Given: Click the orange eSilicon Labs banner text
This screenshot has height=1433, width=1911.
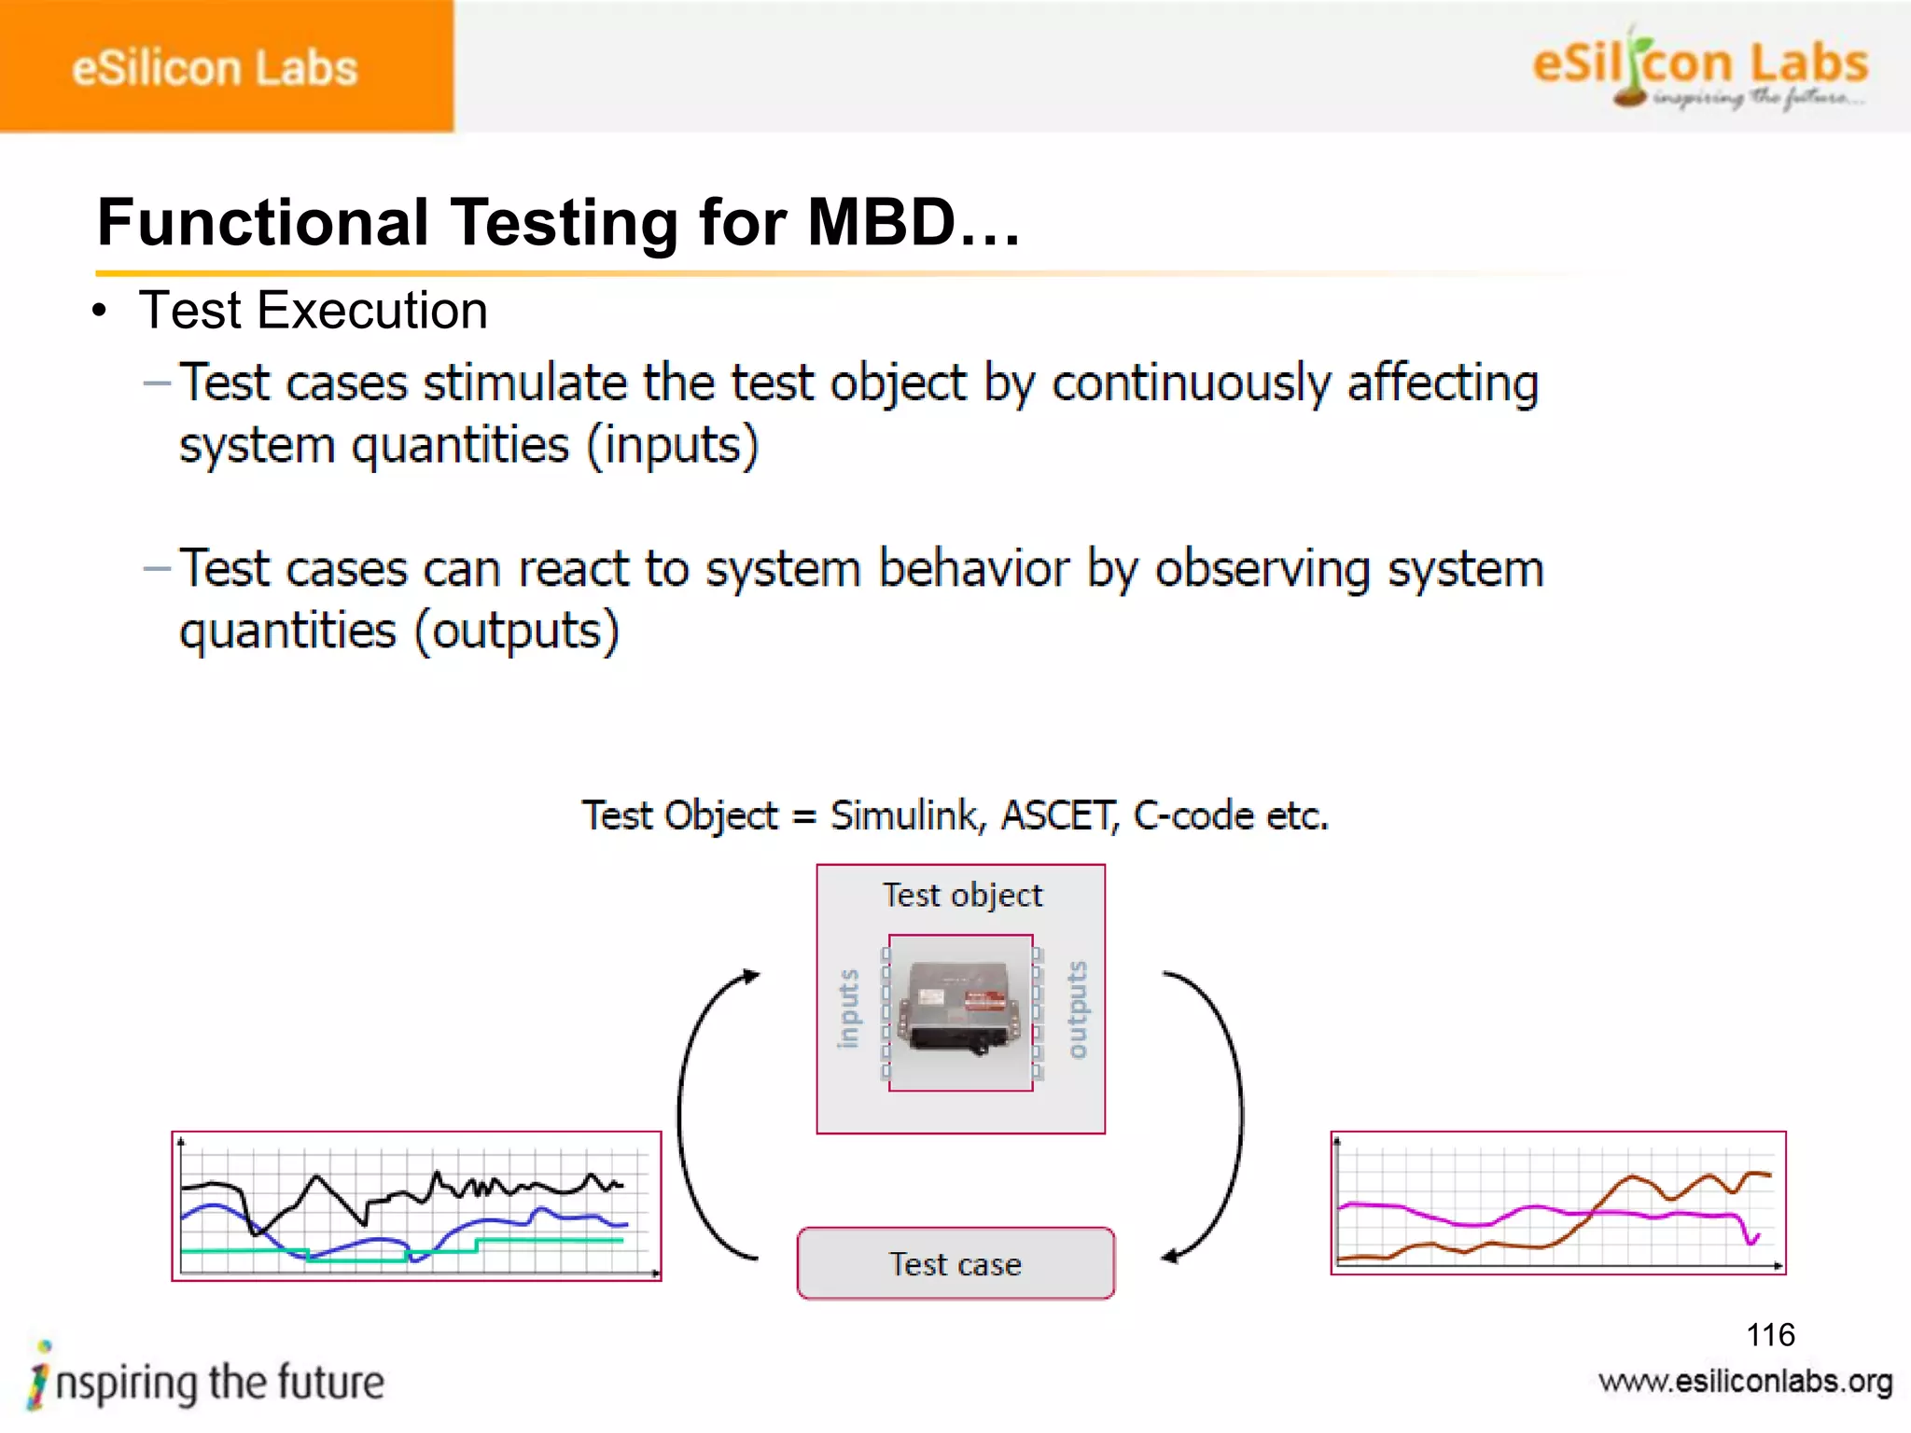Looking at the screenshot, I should point(215,68).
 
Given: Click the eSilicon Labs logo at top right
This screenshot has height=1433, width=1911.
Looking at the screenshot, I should point(1700,68).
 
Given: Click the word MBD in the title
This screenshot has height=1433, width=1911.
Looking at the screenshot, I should point(881,223).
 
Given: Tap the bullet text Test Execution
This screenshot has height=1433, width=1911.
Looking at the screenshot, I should point(313,311).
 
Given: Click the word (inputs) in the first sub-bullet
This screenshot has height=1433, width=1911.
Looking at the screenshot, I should point(672,445).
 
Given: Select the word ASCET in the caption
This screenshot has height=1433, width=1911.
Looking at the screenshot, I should point(1058,816).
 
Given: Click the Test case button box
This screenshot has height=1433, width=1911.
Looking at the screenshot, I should point(955,1263).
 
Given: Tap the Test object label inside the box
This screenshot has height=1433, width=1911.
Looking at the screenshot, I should point(962,896).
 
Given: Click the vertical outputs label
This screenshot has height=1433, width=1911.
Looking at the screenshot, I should point(1077,1009).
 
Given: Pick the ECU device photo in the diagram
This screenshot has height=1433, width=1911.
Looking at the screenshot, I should point(961,1010).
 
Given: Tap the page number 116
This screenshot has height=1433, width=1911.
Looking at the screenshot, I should point(1770,1335).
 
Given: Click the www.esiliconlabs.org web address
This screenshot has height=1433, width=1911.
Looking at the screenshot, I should point(1745,1382).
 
